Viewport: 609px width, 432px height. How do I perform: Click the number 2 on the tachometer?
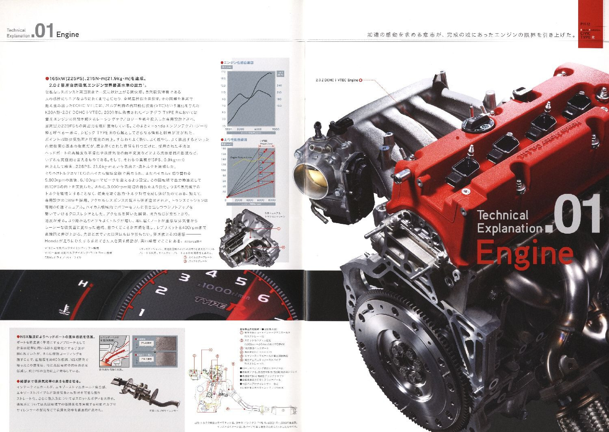pyautogui.click(x=161, y=290)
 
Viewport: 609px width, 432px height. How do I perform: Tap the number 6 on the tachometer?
pyautogui.click(x=263, y=299)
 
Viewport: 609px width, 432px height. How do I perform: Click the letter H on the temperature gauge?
pyautogui.click(x=84, y=284)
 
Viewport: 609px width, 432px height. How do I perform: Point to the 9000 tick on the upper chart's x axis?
pyautogui.click(x=276, y=129)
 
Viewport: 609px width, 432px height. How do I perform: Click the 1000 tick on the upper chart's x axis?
pyautogui.click(x=228, y=129)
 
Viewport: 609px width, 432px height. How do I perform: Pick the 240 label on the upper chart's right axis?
pyautogui.click(x=279, y=86)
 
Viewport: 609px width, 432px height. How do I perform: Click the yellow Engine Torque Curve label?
pyautogui.click(x=241, y=157)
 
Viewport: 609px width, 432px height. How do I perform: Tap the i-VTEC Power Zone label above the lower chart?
pyautogui.click(x=266, y=142)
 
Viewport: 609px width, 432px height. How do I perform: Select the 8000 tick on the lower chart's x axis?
pyautogui.click(x=272, y=200)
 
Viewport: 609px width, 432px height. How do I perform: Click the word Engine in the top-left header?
pyautogui.click(x=67, y=34)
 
